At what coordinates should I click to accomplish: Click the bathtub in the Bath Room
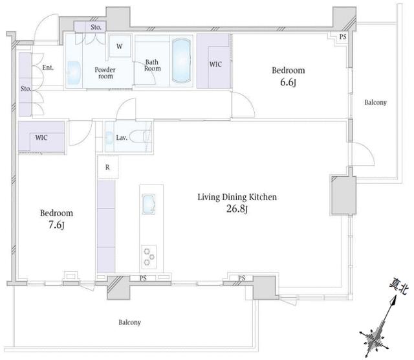pos(181,60)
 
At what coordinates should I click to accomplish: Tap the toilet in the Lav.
pos(140,137)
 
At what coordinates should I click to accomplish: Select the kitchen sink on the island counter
pos(149,204)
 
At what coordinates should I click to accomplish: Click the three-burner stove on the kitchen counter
pos(149,256)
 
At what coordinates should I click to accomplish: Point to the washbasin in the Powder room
pos(73,73)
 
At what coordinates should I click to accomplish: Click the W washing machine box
pos(120,46)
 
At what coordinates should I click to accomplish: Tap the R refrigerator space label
pos(107,167)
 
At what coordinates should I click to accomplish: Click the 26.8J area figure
pos(237,209)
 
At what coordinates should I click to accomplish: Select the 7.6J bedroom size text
pos(56,225)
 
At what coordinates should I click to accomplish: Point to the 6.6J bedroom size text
pos(288,82)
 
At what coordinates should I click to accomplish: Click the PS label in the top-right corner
pos(343,37)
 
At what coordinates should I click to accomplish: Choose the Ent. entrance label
pos(48,68)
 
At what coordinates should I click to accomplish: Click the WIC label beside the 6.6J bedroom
pos(215,64)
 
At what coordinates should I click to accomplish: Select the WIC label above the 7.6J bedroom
pos(41,137)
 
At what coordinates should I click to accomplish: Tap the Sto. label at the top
pos(96,27)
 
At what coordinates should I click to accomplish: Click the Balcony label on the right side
pos(375,102)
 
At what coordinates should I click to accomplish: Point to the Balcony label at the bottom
pos(129,322)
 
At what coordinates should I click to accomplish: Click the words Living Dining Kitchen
pos(237,197)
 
